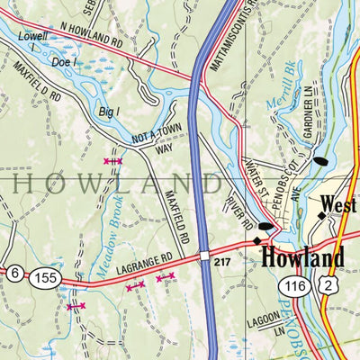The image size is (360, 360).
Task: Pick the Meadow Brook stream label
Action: [105, 236]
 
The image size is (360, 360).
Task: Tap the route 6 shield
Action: [14, 273]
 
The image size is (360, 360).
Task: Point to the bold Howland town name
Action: [302, 258]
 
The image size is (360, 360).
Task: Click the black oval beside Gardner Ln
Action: [320, 162]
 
